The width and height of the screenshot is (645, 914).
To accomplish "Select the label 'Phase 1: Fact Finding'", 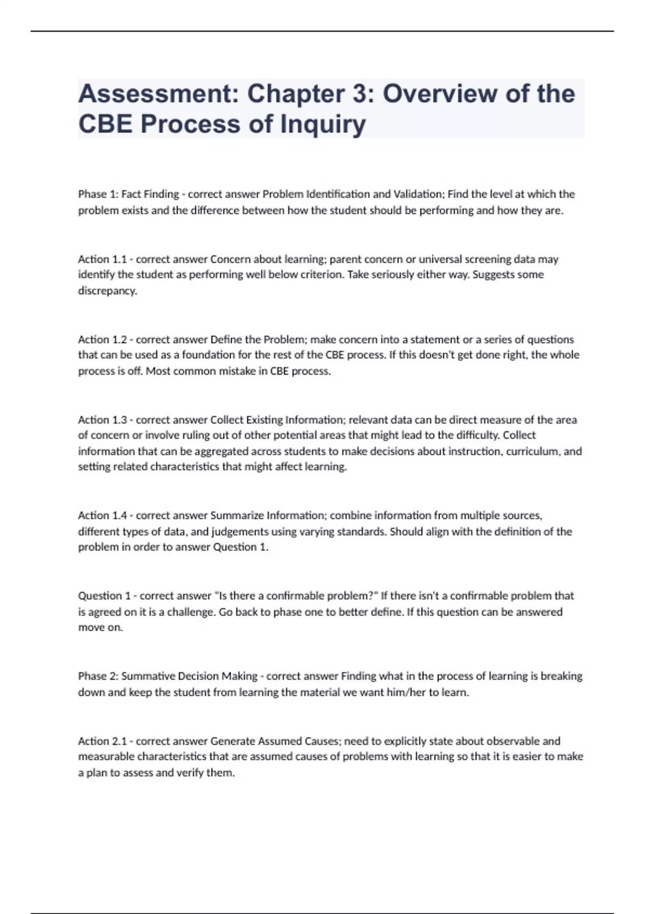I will [128, 194].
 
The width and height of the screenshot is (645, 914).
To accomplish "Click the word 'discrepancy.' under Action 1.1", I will [107, 291].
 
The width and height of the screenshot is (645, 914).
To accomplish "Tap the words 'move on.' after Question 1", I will [101, 627].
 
